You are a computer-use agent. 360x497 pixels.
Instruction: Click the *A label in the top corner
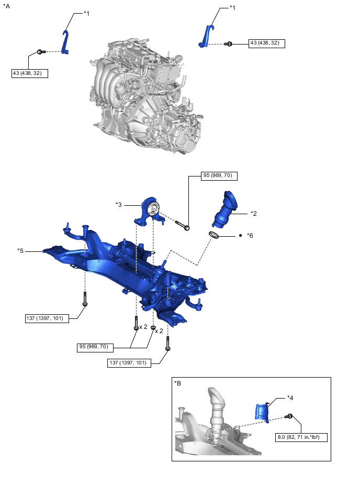click(6, 6)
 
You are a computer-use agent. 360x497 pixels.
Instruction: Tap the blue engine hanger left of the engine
click(65, 42)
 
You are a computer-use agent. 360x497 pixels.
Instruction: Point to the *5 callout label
click(20, 250)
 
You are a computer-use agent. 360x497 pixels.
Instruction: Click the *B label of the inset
click(178, 383)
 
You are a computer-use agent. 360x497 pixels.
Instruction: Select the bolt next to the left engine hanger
click(41, 52)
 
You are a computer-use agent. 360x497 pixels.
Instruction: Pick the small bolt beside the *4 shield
click(288, 416)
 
